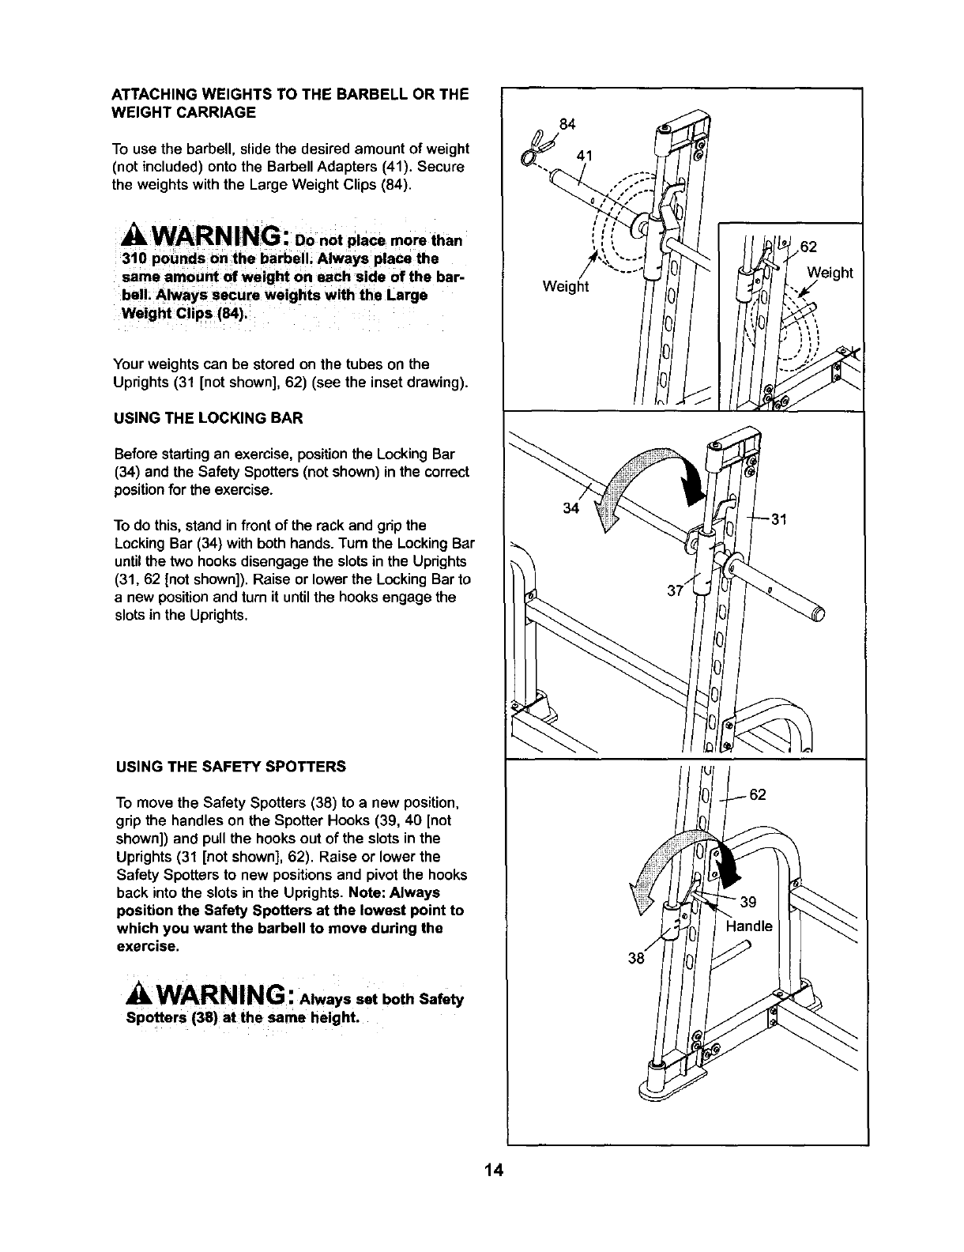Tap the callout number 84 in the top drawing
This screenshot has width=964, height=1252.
coord(567,123)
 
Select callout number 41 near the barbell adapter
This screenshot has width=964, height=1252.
coord(585,156)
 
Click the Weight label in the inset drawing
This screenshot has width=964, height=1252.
coord(830,273)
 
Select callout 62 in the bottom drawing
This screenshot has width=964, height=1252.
coord(758,794)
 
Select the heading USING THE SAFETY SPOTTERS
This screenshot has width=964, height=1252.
coord(231,767)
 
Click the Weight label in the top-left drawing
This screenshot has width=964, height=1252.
coord(566,286)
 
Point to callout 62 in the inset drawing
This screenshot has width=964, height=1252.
coord(808,246)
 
